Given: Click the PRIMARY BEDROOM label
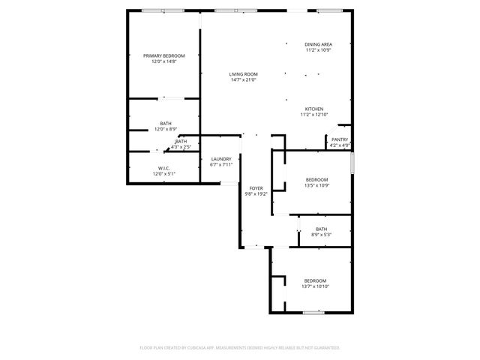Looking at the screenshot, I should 164,55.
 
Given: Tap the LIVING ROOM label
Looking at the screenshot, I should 244,73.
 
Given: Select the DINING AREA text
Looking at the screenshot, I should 318,44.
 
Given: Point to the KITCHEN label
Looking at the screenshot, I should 313,109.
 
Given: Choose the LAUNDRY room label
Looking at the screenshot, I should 221,158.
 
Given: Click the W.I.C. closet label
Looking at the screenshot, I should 164,168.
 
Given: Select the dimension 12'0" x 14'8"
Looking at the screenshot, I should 164,61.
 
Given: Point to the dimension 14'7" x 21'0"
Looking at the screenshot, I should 244,79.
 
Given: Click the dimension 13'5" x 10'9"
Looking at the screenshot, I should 316,185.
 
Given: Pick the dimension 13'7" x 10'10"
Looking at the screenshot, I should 315,286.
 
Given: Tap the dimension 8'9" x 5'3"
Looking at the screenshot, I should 321,235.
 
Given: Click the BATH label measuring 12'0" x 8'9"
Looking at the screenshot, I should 165,123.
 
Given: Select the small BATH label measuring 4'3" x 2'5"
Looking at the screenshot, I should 181,141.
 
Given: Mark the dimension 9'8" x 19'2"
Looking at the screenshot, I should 256,193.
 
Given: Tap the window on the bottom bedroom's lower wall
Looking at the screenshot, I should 313,312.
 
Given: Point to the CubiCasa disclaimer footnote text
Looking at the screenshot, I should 240,348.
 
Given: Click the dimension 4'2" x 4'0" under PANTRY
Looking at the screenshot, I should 340,145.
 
